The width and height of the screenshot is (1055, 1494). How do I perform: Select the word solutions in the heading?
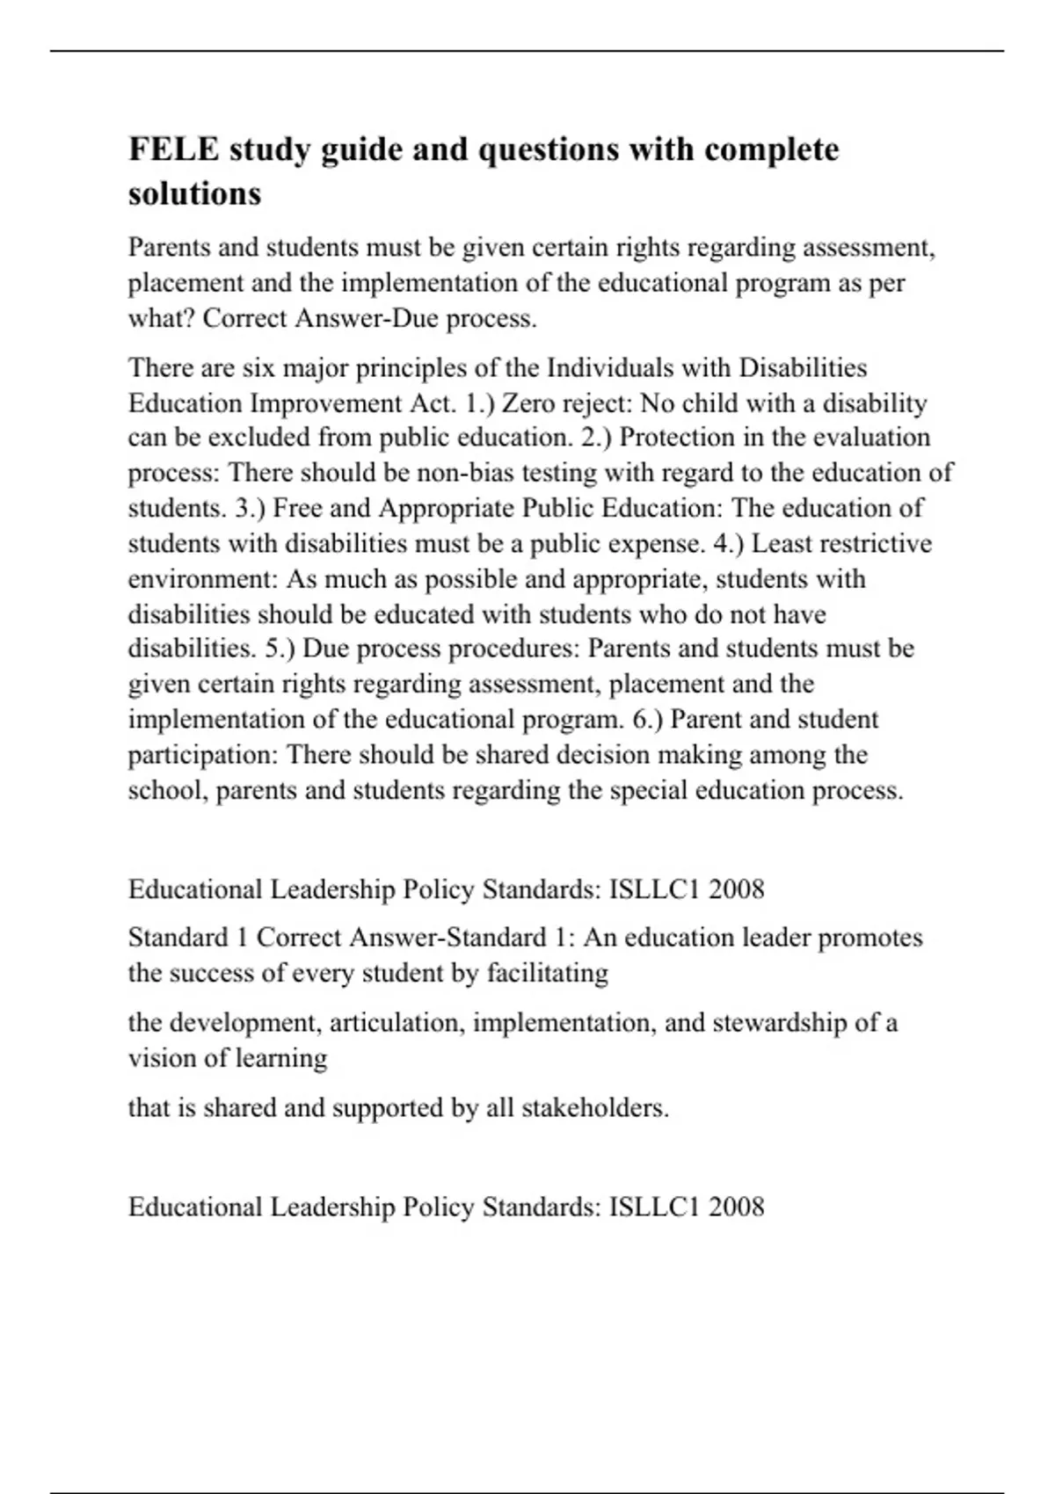click(194, 193)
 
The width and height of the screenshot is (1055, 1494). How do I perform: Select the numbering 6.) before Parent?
click(648, 719)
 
